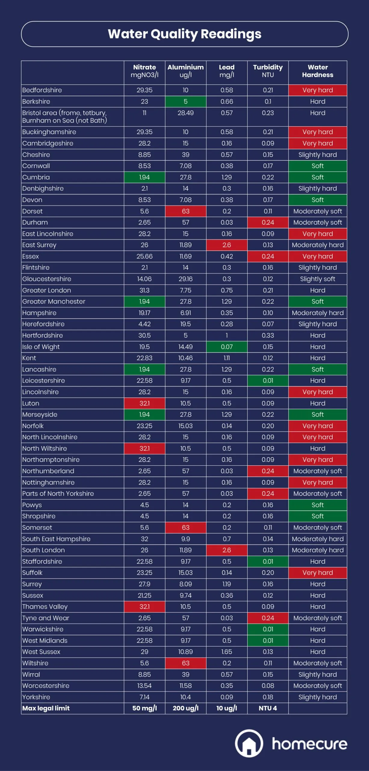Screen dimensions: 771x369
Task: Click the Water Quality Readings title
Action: point(184,34)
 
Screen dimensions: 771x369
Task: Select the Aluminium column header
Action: point(186,71)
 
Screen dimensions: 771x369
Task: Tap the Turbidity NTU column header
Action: point(268,71)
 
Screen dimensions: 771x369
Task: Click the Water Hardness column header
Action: point(318,71)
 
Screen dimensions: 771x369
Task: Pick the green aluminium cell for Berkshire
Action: point(186,101)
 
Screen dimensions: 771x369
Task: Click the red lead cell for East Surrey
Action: point(227,245)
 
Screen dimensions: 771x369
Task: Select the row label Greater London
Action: point(47,290)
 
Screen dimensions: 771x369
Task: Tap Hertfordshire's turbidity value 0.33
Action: point(268,336)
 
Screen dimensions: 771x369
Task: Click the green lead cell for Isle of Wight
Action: point(227,347)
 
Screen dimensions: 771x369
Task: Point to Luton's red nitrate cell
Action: point(144,403)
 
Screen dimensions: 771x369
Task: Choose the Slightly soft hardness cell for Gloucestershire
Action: point(318,279)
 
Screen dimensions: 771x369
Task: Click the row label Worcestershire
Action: point(46,686)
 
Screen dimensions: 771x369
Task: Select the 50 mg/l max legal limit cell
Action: point(144,708)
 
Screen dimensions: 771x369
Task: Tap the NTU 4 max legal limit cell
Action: point(268,708)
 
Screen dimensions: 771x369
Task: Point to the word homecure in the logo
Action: point(309,744)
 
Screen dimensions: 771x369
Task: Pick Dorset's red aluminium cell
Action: point(186,211)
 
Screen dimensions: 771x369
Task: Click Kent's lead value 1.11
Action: point(227,358)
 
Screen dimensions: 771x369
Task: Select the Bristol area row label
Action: point(64,117)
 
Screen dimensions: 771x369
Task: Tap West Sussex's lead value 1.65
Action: point(227,652)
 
